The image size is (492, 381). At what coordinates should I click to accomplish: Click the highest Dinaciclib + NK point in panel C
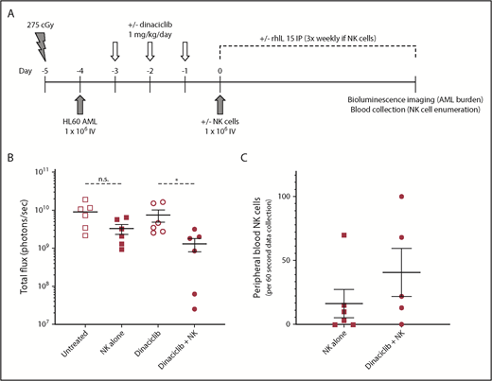click(x=400, y=197)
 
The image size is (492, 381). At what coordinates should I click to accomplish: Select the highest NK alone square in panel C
click(x=344, y=234)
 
